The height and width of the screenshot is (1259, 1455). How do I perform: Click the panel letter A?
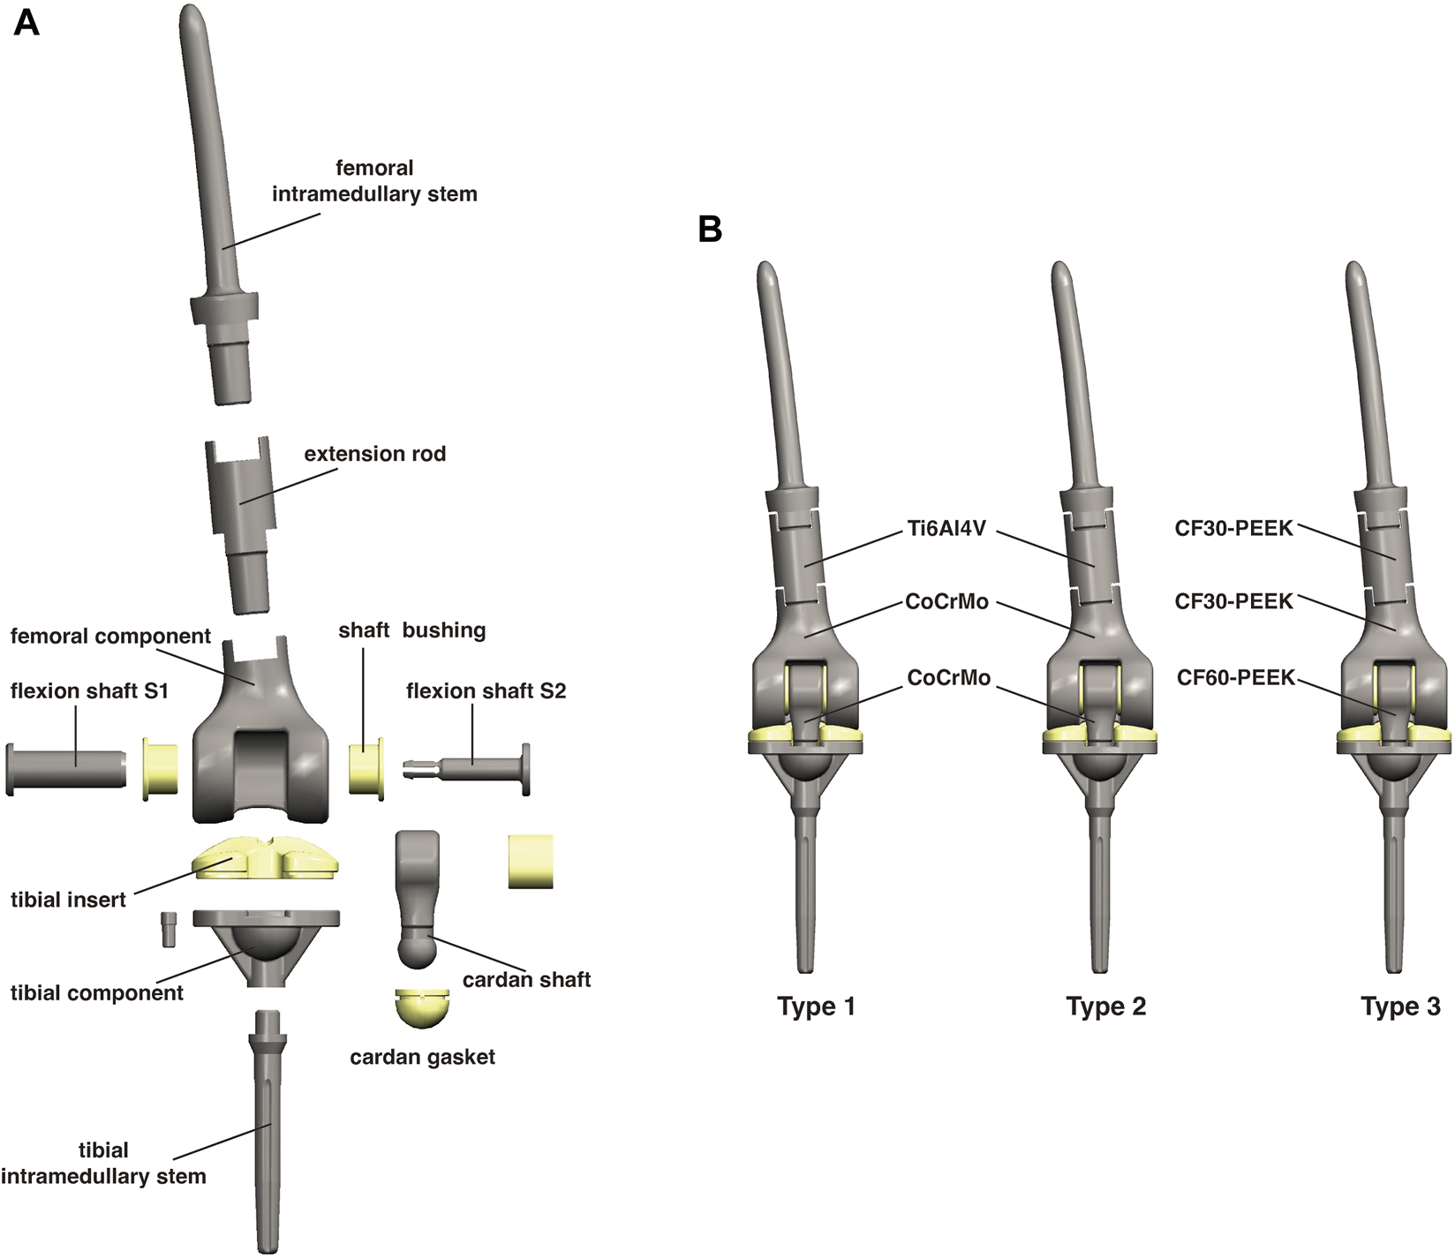pos(26,23)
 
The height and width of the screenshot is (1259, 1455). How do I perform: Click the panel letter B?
pos(710,230)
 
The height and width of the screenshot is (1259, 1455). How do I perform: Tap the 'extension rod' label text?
pos(374,454)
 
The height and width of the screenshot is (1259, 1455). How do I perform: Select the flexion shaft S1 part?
pos(66,769)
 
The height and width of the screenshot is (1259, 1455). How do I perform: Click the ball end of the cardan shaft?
pos(418,950)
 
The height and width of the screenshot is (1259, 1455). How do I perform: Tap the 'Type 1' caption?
pos(816,1006)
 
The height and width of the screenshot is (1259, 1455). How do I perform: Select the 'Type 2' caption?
pos(1105,1006)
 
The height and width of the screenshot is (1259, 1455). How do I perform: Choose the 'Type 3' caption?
pos(1400,1006)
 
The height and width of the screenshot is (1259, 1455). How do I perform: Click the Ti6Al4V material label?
pos(946,529)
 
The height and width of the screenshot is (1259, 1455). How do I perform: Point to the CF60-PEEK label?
pos(1235,678)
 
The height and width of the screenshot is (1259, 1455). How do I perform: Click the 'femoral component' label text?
pos(110,637)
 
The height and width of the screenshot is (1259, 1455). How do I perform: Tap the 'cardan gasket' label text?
pos(422,1057)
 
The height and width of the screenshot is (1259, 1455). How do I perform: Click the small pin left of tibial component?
pos(169,929)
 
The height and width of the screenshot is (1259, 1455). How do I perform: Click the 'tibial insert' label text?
pos(68,900)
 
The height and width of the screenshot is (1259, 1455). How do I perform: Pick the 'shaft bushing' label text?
pos(411,630)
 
